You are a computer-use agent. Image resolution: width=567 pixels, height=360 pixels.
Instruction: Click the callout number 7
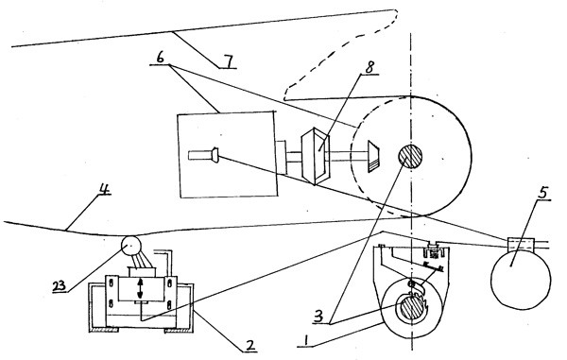(x=229, y=61)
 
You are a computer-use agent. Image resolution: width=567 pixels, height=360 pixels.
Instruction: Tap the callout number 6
(x=160, y=58)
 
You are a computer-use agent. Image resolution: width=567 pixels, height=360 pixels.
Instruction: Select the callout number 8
(x=369, y=68)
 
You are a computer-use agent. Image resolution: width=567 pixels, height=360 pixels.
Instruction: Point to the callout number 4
(x=105, y=189)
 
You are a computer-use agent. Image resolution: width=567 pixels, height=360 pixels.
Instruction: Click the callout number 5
(x=542, y=193)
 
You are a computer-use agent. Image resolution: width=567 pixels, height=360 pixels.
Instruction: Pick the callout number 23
(x=60, y=286)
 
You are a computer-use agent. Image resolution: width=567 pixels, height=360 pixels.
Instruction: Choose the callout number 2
(x=249, y=345)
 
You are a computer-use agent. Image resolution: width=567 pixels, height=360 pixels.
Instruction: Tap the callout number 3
(x=318, y=317)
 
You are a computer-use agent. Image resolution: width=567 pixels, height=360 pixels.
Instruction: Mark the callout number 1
(x=306, y=341)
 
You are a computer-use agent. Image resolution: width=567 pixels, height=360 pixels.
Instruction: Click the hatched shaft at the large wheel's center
(x=410, y=156)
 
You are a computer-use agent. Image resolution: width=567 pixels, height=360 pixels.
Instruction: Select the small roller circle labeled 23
(x=130, y=246)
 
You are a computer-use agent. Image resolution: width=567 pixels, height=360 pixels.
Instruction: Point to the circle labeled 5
(x=520, y=280)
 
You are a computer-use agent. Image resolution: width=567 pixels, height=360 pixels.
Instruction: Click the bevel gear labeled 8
(x=317, y=156)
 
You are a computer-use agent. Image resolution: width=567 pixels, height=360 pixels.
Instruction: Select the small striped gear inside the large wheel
(x=373, y=156)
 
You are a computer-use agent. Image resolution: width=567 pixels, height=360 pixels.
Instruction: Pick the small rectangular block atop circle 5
(x=521, y=244)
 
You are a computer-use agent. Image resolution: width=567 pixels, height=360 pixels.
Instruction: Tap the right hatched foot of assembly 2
(x=178, y=330)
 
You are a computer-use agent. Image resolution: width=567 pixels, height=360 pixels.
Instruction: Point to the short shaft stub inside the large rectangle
(x=203, y=155)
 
